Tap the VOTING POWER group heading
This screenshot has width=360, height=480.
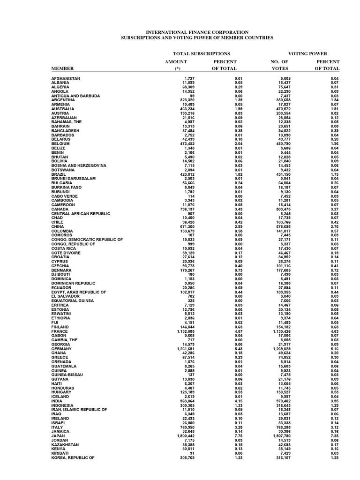pyautogui.click(x=307, y=54)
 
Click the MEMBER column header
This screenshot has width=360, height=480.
pyautogui.click(x=62, y=69)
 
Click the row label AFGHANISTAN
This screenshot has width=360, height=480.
pyautogui.click(x=66, y=78)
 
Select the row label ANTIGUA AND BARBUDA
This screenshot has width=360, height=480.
pyautogui.click(x=75, y=96)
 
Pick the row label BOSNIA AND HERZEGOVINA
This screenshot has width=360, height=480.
pyautogui.click(x=79, y=165)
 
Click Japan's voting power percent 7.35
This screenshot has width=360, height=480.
pyautogui.click(x=334, y=435)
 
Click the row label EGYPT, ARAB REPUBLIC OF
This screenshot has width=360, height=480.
pyautogui.click(x=79, y=292)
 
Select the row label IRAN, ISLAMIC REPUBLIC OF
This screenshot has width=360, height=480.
pyautogui.click(x=79, y=409)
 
